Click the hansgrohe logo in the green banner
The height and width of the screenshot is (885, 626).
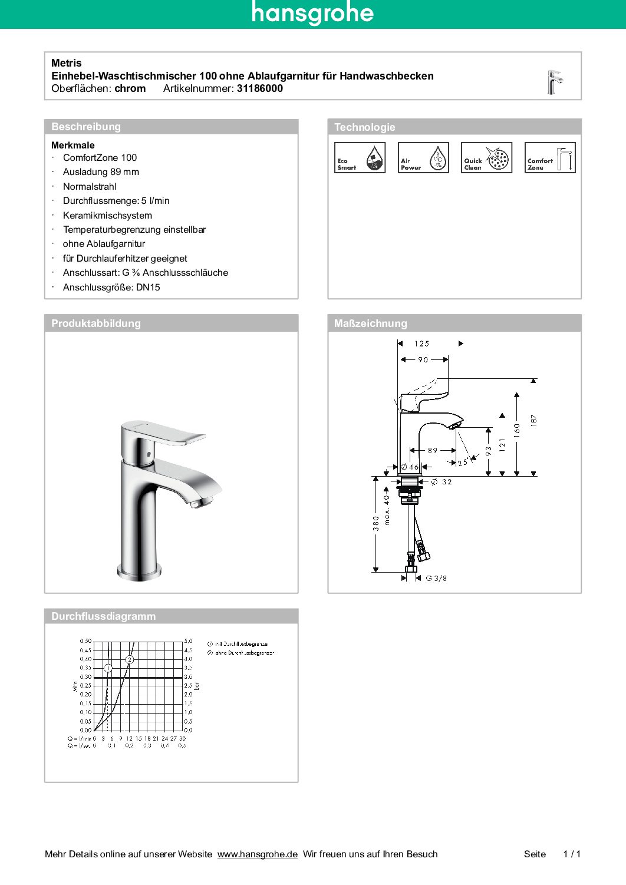click(x=312, y=13)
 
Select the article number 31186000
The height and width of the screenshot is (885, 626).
click(x=259, y=88)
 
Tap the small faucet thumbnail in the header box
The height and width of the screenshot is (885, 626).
click(x=554, y=82)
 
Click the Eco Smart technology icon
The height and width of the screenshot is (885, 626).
click(x=360, y=158)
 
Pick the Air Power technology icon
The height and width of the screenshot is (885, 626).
click(x=423, y=158)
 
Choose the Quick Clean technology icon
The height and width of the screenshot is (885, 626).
click(x=486, y=158)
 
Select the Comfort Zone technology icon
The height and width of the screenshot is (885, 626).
click(x=550, y=158)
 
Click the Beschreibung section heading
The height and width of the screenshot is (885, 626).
click(x=86, y=127)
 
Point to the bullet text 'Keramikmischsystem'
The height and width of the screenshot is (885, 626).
click(x=107, y=215)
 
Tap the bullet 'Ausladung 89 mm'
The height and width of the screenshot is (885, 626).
click(x=101, y=172)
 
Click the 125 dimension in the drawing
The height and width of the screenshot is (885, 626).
click(x=422, y=344)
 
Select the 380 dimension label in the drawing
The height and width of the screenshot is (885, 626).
click(x=376, y=523)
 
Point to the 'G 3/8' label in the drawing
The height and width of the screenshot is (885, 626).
click(x=436, y=578)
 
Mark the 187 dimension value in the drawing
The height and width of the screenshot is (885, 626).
click(x=534, y=420)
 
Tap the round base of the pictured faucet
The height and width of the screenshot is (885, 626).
click(x=139, y=570)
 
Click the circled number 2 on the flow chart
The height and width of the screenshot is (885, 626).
click(x=130, y=659)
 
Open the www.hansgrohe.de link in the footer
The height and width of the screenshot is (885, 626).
click(x=257, y=854)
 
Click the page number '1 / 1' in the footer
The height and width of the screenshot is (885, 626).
click(x=572, y=854)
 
